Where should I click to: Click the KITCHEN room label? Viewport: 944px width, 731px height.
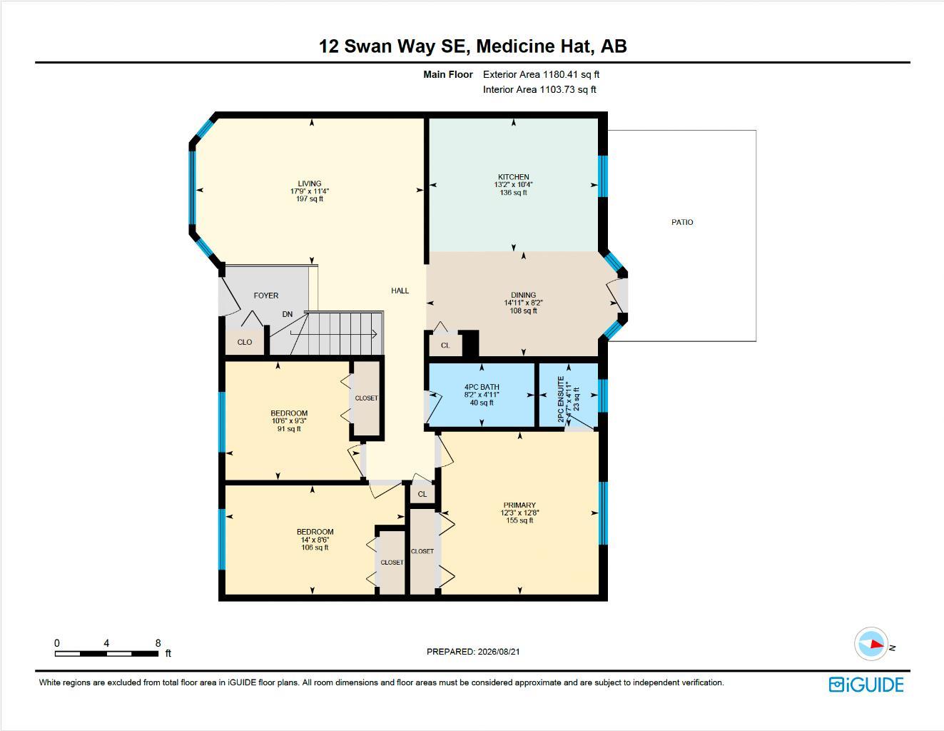pos(514,177)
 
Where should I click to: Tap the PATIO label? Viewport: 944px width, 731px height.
pos(682,222)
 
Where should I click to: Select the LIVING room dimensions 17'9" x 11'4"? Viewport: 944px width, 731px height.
pos(310,191)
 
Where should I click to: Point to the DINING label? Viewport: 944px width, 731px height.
pos(524,295)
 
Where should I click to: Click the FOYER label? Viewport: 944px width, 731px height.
pos(266,296)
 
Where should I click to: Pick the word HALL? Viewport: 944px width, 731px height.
pos(400,291)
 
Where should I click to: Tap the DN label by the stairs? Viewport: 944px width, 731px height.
pos(287,314)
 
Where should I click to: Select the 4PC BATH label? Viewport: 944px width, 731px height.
pos(482,387)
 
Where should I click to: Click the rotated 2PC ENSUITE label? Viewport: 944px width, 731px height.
pos(561,399)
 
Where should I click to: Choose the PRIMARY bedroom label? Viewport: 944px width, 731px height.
pos(519,505)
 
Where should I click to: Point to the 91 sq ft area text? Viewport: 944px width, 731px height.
pos(289,429)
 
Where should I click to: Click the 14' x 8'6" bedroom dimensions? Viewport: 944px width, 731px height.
pos(315,540)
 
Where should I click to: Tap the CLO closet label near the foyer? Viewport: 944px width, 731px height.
pos(245,343)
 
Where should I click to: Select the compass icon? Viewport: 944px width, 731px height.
pos(871,644)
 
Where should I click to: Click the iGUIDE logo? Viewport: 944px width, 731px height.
pos(866,685)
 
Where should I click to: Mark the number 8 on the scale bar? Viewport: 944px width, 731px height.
pos(158,642)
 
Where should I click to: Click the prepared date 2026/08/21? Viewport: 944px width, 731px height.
pos(499,652)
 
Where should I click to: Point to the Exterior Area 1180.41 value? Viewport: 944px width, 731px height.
pos(560,74)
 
